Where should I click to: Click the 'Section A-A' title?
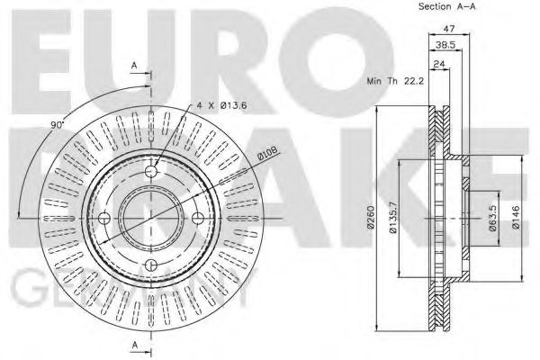(447, 7)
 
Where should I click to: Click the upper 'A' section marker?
(134, 65)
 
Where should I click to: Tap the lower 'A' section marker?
(134, 346)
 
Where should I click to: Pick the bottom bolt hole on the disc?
(151, 265)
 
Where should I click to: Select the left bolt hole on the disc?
(103, 217)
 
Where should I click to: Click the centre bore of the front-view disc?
(151, 217)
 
